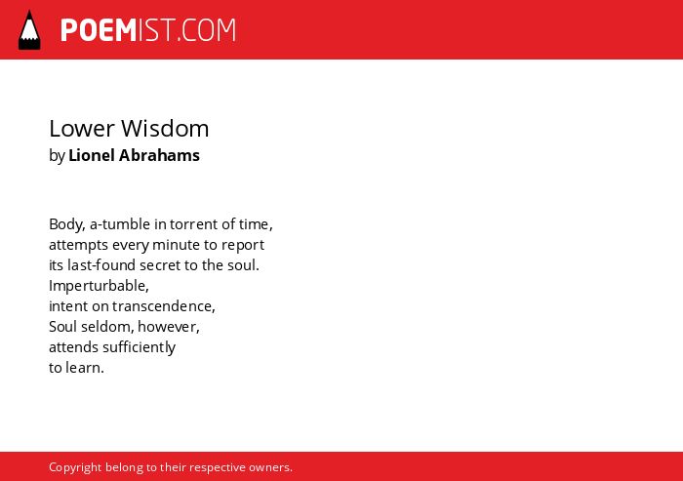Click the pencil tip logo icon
coord(29,30)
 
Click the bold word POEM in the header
coord(99,30)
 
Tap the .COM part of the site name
coord(207,30)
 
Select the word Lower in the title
coord(82,129)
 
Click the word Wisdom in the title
coord(165,129)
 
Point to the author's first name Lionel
coord(92,155)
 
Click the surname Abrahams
coord(159,155)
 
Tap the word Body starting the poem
coord(67,224)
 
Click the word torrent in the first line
coord(193,224)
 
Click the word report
coord(243,245)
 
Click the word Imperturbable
coord(99,286)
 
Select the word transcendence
coord(163,306)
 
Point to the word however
coord(169,327)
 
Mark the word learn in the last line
coord(85,368)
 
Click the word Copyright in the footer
coord(75,467)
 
